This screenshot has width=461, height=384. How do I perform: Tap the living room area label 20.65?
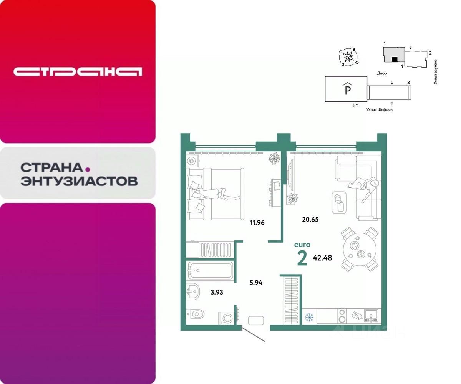310,220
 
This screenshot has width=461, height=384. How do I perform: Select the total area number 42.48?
322,258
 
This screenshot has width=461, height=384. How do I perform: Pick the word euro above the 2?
302,245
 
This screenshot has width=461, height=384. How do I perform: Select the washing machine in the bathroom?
227,319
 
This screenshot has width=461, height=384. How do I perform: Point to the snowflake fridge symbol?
309,318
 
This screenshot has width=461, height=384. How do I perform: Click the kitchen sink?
371,316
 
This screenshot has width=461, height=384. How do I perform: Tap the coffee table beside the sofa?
338,202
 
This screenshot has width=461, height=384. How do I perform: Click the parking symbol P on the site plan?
347,90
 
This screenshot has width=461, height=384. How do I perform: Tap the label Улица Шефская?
380,109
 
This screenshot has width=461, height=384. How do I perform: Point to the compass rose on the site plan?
348,58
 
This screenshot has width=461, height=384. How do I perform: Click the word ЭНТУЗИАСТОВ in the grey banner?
79,181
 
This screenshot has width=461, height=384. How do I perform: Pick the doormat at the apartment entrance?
256,321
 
